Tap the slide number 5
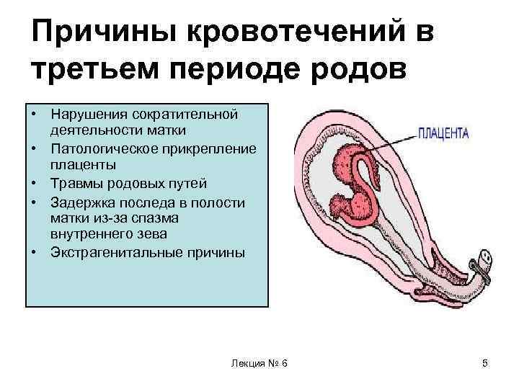coord(485,364)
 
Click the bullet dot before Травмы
coord(34,183)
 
